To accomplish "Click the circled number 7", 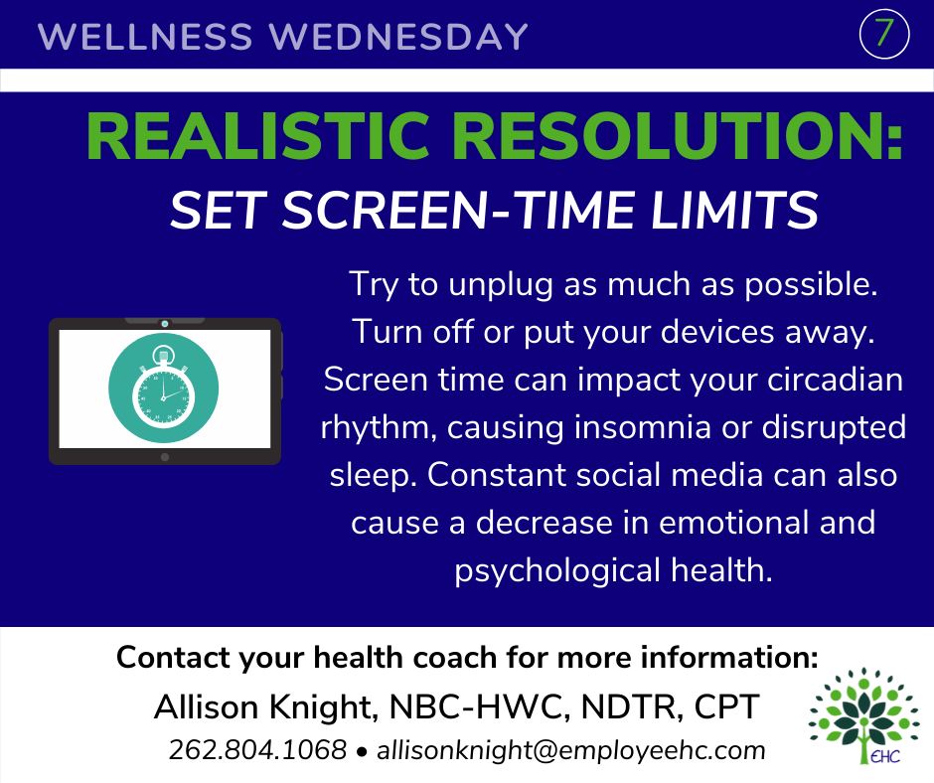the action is click(884, 34).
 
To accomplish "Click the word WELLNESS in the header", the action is click(145, 37).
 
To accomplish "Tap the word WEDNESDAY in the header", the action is click(398, 37).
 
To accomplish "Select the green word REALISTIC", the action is click(258, 136).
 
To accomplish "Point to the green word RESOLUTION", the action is click(667, 136).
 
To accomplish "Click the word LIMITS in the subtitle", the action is click(734, 211).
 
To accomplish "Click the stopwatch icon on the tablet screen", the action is click(163, 387).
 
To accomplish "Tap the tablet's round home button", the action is click(165, 457).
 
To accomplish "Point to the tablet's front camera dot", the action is click(165, 324).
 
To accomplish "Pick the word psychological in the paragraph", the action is click(557, 571).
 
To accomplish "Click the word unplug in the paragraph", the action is click(501, 285).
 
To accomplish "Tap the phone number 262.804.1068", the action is click(257, 749).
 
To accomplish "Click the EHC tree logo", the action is click(863, 715).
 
